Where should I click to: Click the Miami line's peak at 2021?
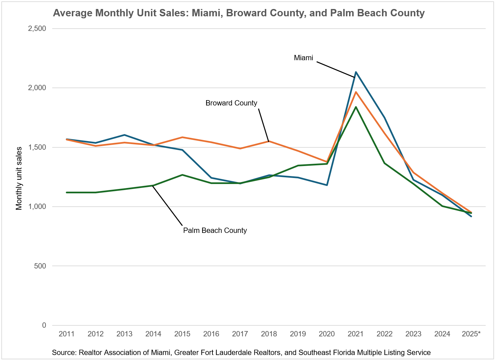(x=356, y=72)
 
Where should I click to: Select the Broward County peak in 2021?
(x=356, y=92)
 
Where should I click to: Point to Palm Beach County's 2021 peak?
(x=356, y=107)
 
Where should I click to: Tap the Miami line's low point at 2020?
(x=327, y=185)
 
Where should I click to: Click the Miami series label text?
(x=303, y=58)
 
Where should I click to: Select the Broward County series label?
(x=231, y=103)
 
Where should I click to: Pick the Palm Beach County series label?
(x=215, y=231)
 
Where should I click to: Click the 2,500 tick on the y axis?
(x=37, y=29)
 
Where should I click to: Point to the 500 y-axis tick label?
(x=40, y=266)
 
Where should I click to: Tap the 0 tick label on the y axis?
(x=44, y=325)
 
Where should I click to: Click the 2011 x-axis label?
(x=66, y=334)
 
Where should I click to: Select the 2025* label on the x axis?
(x=471, y=334)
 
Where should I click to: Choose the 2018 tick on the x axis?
(x=269, y=334)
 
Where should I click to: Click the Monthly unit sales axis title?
(x=19, y=178)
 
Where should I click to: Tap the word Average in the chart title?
(x=72, y=13)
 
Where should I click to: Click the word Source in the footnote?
(x=63, y=353)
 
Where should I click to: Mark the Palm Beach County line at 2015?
(x=182, y=175)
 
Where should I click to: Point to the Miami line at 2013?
(x=124, y=135)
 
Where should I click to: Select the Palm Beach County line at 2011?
(x=67, y=192)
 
